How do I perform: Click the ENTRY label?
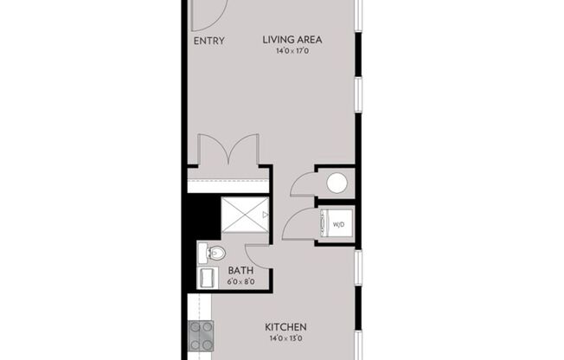(x=208, y=41)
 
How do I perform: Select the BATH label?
(x=240, y=269)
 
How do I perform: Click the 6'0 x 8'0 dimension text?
(x=240, y=280)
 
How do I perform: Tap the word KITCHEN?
(x=285, y=326)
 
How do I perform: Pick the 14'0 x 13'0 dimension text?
(x=285, y=338)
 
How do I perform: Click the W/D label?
(x=338, y=226)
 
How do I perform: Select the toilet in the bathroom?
(x=213, y=253)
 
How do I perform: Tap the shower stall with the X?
(x=245, y=215)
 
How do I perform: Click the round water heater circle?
(x=336, y=183)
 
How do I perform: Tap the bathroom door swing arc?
(x=257, y=254)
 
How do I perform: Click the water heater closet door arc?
(x=303, y=183)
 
